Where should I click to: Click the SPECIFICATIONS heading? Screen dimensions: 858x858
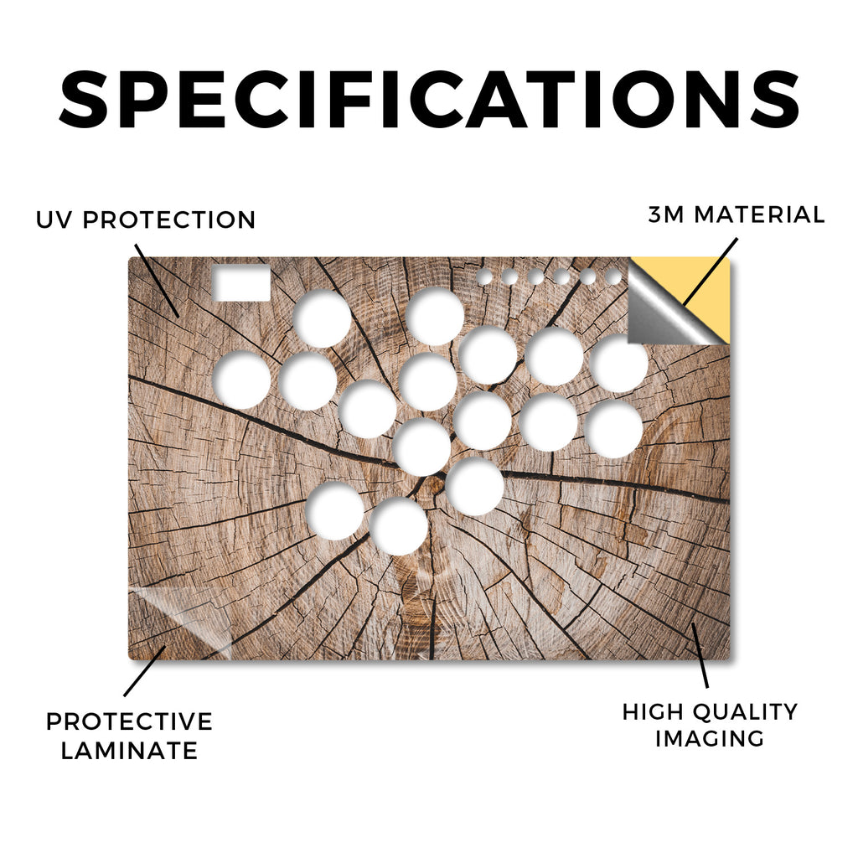(429, 99)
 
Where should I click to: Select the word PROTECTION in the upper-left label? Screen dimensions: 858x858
(169, 220)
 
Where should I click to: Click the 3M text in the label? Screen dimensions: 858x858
(666, 214)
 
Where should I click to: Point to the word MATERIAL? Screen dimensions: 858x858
(759, 214)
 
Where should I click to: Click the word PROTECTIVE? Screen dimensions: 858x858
(129, 721)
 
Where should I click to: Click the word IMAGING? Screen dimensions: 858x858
(709, 738)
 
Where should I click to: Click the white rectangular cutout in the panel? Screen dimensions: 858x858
(241, 283)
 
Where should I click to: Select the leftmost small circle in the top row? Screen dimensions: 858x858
(483, 277)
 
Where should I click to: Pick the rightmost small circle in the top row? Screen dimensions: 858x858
(613, 277)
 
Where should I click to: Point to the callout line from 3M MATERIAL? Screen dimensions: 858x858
(710, 271)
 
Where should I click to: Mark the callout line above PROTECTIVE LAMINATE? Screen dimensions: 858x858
(144, 671)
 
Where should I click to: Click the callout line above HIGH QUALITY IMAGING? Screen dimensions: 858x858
(700, 655)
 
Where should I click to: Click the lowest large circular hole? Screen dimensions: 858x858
(399, 526)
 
